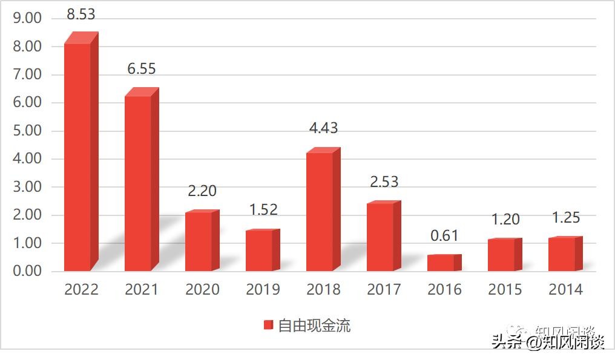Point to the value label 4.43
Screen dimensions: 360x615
(x=323, y=128)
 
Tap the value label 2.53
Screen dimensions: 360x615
(x=384, y=182)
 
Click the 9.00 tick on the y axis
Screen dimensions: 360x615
(x=27, y=19)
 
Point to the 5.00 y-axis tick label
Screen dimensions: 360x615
(x=27, y=131)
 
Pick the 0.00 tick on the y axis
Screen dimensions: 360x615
(x=27, y=272)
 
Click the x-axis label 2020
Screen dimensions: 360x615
(x=202, y=290)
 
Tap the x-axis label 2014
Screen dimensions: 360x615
(x=565, y=290)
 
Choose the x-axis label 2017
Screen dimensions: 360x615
(x=384, y=290)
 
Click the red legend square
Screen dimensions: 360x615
(x=269, y=326)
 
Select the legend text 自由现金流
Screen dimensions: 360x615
(x=314, y=326)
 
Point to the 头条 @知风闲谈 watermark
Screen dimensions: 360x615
(x=548, y=342)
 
